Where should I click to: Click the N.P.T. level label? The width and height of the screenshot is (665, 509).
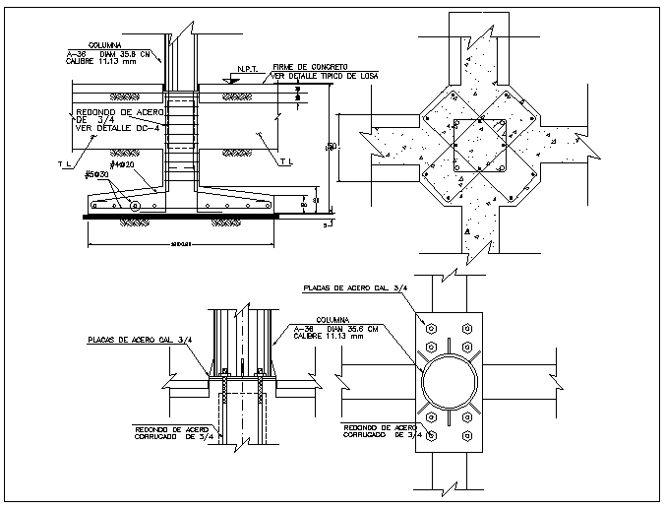(246, 70)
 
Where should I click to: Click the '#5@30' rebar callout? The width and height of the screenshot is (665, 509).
(95, 175)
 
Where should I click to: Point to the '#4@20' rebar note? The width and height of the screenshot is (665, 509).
(120, 165)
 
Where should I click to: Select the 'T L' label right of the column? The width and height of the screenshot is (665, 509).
(285, 161)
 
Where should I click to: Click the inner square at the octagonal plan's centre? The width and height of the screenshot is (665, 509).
(481, 147)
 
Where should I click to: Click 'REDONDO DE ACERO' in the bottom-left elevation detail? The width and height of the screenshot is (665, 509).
(170, 429)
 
